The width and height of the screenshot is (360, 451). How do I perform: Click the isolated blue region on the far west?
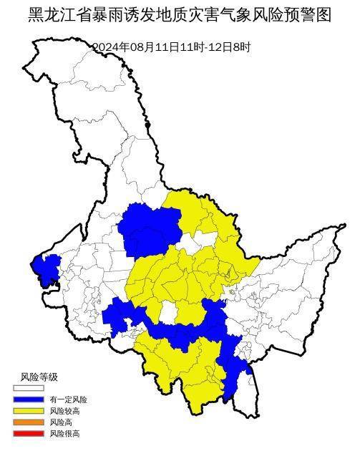pyautogui.click(x=46, y=268)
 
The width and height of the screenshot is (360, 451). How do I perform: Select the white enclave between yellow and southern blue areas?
pyautogui.click(x=168, y=312)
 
